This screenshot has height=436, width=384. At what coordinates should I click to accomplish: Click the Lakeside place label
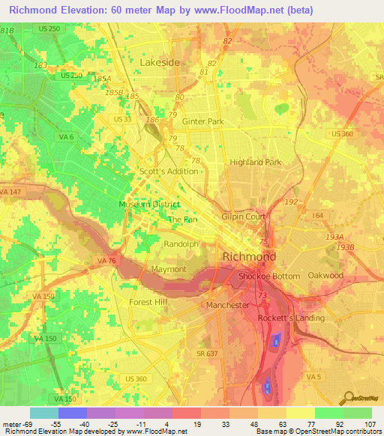pyautogui.click(x=160, y=62)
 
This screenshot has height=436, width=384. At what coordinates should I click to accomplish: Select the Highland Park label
pyautogui.click(x=255, y=162)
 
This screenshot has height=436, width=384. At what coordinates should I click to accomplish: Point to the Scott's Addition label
pyautogui.click(x=169, y=172)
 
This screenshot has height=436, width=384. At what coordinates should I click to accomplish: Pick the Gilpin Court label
pyautogui.click(x=244, y=217)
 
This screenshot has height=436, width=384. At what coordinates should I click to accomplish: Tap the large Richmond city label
pyautogui.click(x=249, y=257)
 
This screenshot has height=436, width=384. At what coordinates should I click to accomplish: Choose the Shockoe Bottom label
pyautogui.click(x=268, y=276)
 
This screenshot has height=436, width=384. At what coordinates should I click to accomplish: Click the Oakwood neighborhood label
pyautogui.click(x=325, y=276)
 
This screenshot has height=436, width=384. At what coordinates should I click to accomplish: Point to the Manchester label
pyautogui.click(x=227, y=306)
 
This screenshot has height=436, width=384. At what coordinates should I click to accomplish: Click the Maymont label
pyautogui.click(x=168, y=269)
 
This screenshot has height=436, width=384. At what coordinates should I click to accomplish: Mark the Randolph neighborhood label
pyautogui.click(x=181, y=244)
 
